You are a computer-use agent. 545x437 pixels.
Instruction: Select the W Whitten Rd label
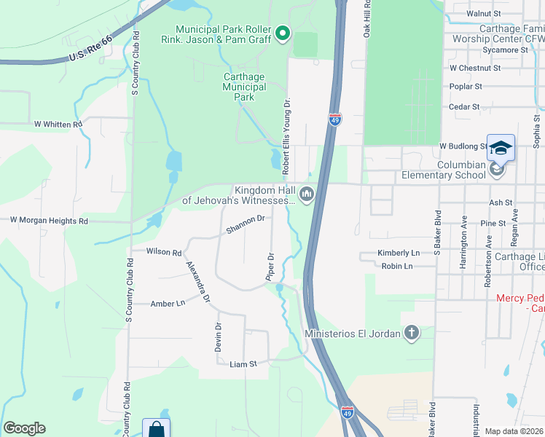pyautogui.click(x=58, y=125)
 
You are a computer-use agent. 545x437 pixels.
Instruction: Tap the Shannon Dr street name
pyautogui.click(x=244, y=224)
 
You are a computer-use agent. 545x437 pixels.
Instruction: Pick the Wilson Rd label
pyautogui.click(x=163, y=252)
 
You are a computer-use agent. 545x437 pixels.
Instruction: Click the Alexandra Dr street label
pyautogui.click(x=197, y=282)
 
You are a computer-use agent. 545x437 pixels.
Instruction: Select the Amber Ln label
pyautogui.click(x=168, y=304)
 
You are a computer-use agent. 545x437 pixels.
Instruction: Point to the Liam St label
pyautogui.click(x=243, y=363)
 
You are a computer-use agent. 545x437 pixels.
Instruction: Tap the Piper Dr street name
pyautogui.click(x=270, y=267)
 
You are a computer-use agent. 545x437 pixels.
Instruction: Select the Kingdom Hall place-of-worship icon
pyautogui.click(x=307, y=194)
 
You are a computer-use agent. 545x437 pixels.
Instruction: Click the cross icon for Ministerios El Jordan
pyautogui.click(x=412, y=334)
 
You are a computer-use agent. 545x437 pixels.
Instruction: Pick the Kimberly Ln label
pyautogui.click(x=399, y=253)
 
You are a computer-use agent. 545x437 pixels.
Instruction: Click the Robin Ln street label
pyautogui.click(x=396, y=267)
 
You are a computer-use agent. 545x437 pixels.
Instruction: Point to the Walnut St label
pyautogui.click(x=488, y=14)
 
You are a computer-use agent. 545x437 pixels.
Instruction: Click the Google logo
pyautogui.click(x=24, y=428)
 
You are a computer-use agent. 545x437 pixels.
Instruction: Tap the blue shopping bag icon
pyautogui.click(x=156, y=428)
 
